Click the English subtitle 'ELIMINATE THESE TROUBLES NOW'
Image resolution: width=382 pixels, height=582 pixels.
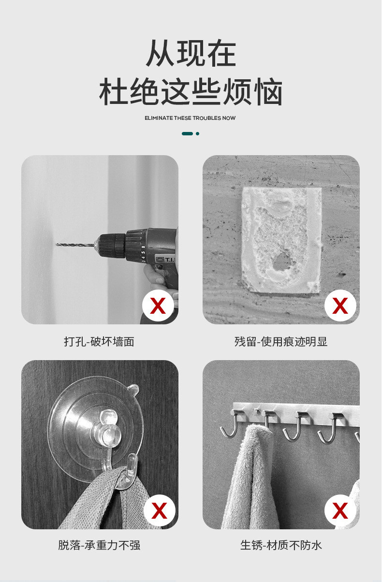(190, 118)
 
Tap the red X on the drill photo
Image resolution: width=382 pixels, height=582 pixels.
(158, 306)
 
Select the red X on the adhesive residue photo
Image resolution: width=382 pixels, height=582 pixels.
(340, 306)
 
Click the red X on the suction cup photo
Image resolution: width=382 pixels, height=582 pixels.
(159, 510)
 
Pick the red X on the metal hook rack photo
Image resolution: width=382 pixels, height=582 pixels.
(340, 510)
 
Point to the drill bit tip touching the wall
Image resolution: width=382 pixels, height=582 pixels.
(57, 244)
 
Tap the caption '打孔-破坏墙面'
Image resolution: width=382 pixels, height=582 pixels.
(99, 342)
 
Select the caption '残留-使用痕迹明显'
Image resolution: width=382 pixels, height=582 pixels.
(281, 342)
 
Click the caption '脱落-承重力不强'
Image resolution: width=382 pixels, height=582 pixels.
(99, 545)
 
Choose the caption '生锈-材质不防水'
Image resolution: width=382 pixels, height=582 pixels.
(281, 545)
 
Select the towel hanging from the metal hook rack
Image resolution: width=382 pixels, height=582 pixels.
(249, 477)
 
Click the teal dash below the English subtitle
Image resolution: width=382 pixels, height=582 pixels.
(187, 133)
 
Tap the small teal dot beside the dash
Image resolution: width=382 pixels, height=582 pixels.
(197, 133)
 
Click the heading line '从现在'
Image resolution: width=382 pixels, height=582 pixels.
(191, 53)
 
